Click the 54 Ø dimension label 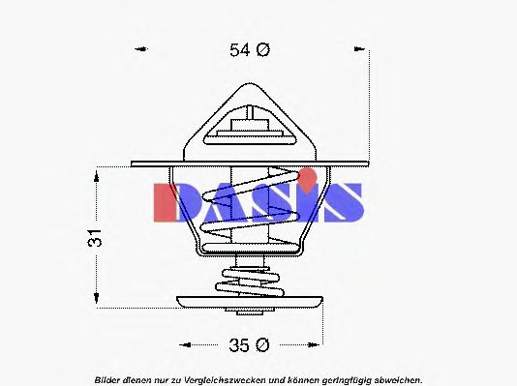250,50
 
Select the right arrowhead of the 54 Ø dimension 363,50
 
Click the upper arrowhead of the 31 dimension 97,174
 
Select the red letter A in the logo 218,201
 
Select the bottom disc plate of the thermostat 250,301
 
